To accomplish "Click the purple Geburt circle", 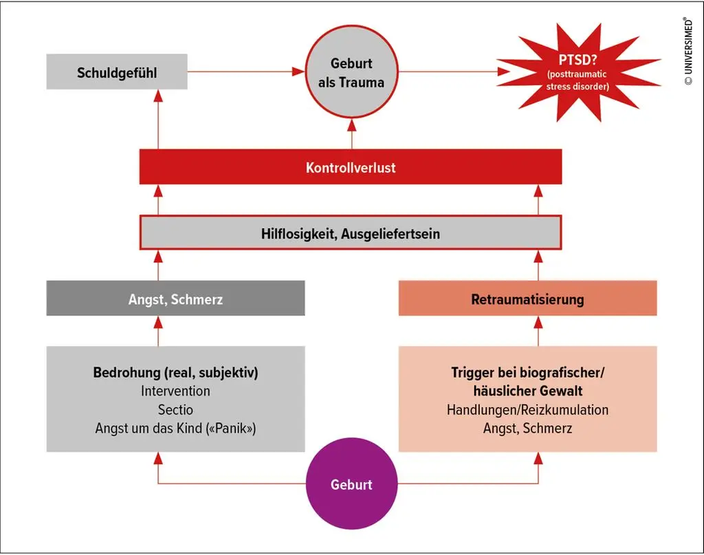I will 351,484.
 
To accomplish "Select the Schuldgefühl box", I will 117,72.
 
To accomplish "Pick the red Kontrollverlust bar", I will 351,167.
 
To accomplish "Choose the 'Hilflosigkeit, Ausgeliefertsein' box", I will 351,233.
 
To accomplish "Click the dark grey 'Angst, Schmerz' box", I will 175,299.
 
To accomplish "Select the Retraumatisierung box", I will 527,299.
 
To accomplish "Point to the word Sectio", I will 175,410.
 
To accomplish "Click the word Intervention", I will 175,391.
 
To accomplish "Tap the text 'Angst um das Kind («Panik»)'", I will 175,428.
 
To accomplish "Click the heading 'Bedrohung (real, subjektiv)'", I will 175,373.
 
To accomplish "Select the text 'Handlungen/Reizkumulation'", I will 527,410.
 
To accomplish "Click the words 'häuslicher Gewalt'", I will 527,391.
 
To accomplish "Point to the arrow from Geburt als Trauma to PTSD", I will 454,71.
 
